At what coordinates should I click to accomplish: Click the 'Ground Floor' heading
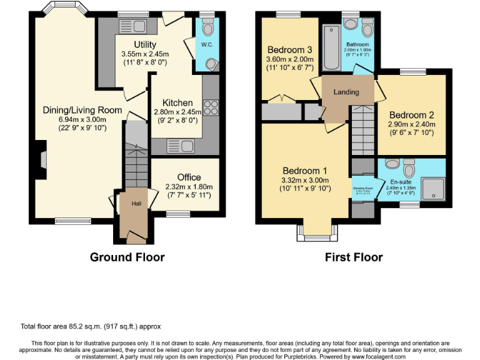click(x=127, y=257)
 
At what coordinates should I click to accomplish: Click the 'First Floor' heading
click(x=353, y=257)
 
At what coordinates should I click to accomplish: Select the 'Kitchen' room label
click(x=177, y=103)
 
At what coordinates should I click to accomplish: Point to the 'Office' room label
click(x=189, y=177)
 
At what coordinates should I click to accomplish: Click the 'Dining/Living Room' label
click(x=74, y=111)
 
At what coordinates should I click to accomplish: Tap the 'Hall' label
click(x=136, y=204)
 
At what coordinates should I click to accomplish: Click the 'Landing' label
click(x=346, y=92)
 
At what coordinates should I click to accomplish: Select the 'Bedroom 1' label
click(x=304, y=171)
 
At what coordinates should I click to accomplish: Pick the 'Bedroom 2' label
click(x=411, y=115)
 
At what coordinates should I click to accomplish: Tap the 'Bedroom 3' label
click(x=289, y=50)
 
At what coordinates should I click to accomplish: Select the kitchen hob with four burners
click(x=211, y=108)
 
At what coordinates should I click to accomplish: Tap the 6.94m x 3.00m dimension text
click(x=74, y=119)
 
